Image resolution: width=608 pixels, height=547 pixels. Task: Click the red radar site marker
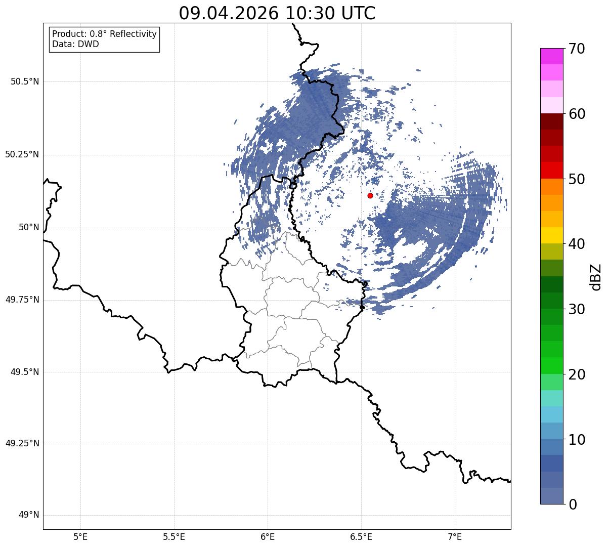(370, 195)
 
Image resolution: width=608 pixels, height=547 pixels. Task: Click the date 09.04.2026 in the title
(229, 13)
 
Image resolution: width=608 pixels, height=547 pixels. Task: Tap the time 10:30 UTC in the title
(330, 13)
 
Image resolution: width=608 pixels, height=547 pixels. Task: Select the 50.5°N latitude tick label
(25, 81)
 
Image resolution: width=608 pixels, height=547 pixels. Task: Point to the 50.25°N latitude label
(22, 154)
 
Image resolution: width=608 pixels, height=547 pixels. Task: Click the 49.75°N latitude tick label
(22, 300)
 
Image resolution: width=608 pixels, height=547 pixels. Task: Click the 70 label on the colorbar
(577, 49)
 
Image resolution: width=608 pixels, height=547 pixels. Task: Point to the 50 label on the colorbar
(577, 179)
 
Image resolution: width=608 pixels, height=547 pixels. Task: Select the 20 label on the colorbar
(577, 375)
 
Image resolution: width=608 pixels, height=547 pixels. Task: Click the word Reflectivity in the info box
(133, 34)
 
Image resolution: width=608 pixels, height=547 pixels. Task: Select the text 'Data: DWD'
(75, 44)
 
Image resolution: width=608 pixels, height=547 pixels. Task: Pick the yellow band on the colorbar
(552, 235)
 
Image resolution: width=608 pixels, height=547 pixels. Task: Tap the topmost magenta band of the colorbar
(552, 56)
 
